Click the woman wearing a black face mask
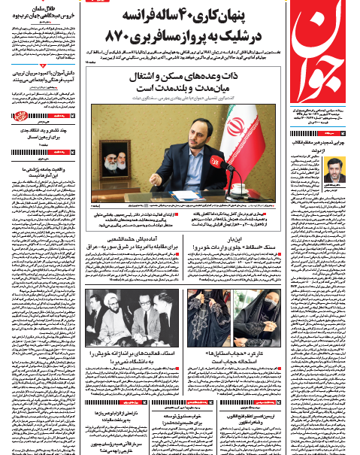click(x=262, y=308)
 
